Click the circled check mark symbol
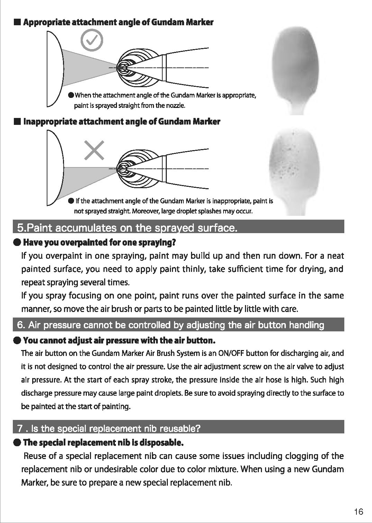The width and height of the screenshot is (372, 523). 92,40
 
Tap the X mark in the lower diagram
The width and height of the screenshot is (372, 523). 94,150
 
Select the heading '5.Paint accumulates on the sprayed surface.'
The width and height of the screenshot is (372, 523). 127,228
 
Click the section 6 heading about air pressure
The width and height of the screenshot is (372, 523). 171,325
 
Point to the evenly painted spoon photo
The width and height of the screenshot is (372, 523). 296,70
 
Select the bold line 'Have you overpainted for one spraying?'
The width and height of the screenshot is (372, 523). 99,242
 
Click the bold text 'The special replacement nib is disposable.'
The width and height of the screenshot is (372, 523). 103,442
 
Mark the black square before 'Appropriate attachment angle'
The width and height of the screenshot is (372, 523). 17,22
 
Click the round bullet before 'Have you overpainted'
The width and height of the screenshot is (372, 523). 17,242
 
